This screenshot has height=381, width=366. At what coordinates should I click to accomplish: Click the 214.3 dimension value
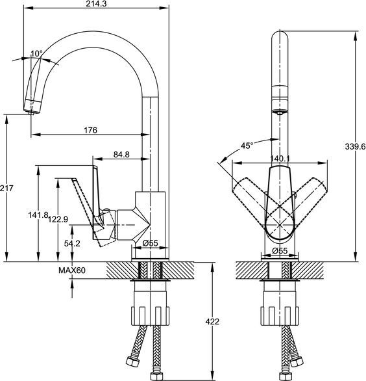pyautogui.click(x=96, y=4)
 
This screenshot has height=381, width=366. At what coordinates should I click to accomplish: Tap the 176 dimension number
pyautogui.click(x=90, y=130)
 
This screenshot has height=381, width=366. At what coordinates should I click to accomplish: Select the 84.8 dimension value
pyautogui.click(x=121, y=154)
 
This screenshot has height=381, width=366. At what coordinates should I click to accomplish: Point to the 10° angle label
pyautogui.click(x=36, y=53)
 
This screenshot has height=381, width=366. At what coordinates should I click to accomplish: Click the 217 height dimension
pyautogui.click(x=6, y=188)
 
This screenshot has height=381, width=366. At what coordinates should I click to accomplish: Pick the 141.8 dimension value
pyautogui.click(x=38, y=215)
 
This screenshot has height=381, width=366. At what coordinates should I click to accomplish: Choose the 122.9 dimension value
pyautogui.click(x=58, y=219)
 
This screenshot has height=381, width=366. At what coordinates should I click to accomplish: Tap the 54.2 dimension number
pyautogui.click(x=72, y=243)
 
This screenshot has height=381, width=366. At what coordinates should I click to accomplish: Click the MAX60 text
pyautogui.click(x=72, y=270)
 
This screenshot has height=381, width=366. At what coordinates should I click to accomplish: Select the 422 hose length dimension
pyautogui.click(x=212, y=321)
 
